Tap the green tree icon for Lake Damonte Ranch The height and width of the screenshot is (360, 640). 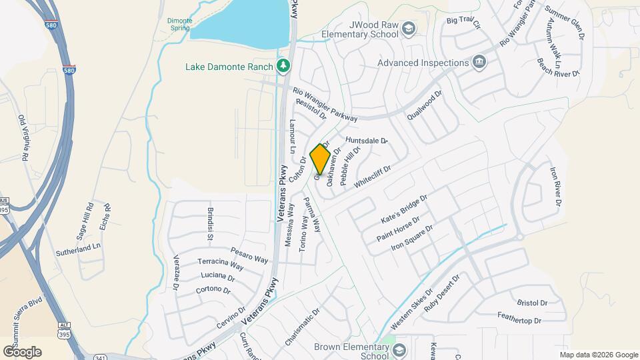point(285,65)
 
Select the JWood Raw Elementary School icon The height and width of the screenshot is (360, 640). point(408,28)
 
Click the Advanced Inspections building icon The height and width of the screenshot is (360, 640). point(479,63)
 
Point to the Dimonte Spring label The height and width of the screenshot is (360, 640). point(179,25)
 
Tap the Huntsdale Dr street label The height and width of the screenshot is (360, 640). point(366,141)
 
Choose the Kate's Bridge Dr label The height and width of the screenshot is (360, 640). point(403,210)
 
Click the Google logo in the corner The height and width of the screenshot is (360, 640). point(22,351)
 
